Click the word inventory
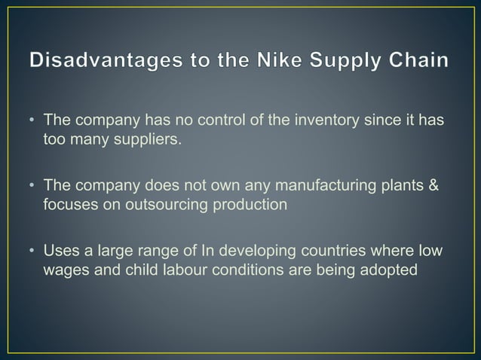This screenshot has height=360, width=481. (x=305, y=121)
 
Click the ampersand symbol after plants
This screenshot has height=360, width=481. (x=432, y=185)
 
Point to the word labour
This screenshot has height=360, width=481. (x=181, y=268)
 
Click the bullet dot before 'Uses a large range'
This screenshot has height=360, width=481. (x=32, y=250)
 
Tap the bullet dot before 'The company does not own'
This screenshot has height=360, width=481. (x=32, y=185)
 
